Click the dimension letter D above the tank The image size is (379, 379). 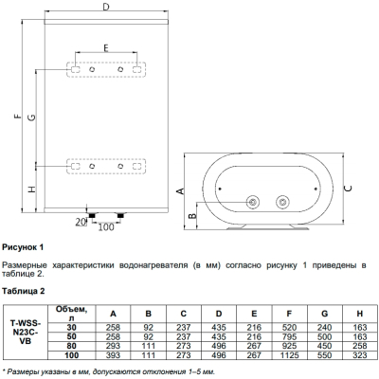[x=106, y=6]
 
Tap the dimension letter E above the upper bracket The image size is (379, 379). [x=106, y=47]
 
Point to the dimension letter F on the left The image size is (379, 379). [x=18, y=116]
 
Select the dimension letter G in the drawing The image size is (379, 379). [x=31, y=117]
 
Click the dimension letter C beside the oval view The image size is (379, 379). [x=348, y=189]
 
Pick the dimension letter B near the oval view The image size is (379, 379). [x=192, y=216]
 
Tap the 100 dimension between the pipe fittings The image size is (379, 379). [x=106, y=226]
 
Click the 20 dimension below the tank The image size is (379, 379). [x=81, y=222]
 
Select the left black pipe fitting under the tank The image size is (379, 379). [x=92, y=215]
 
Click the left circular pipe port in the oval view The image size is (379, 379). [x=253, y=202]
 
